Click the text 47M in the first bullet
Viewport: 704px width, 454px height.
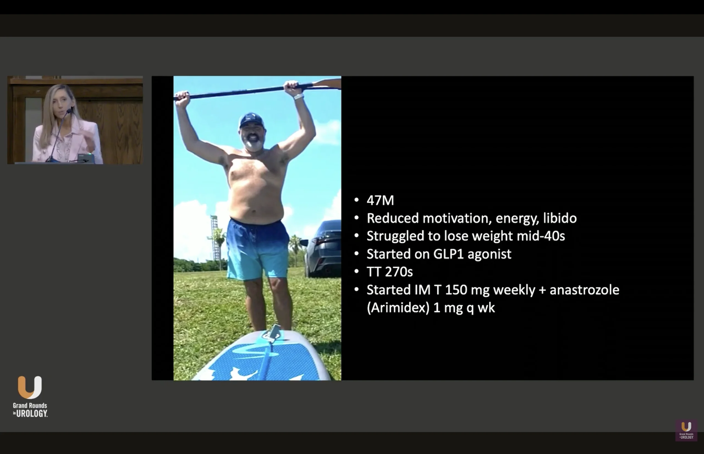(380, 200)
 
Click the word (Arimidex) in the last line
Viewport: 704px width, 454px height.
(398, 308)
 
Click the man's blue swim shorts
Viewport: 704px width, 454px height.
(257, 250)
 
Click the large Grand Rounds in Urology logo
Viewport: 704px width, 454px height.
(30, 397)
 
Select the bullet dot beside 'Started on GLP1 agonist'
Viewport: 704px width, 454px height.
(356, 254)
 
